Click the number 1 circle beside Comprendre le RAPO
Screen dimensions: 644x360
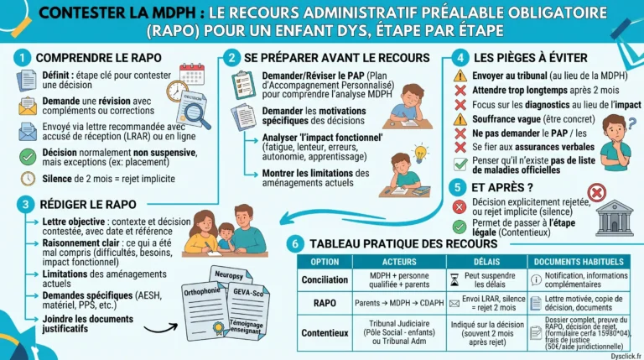pyautogui.click(x=24, y=58)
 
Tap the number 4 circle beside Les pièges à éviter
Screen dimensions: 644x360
pyautogui.click(x=459, y=58)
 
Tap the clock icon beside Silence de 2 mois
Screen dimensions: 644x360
pyautogui.click(x=27, y=178)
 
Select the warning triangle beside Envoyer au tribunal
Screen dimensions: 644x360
pyautogui.click(x=460, y=76)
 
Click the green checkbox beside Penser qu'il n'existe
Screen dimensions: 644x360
pyautogui.click(x=460, y=164)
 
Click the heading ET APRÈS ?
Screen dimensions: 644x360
pyautogui.click(x=506, y=187)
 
